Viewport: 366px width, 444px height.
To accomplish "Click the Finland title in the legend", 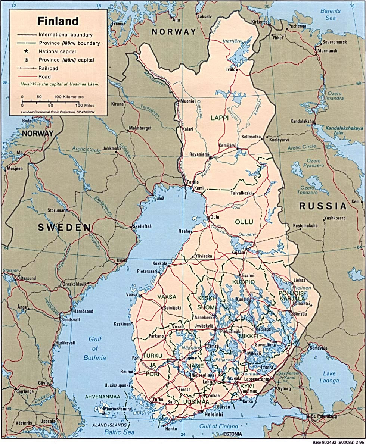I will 58,21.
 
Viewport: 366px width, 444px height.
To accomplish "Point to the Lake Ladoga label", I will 329,377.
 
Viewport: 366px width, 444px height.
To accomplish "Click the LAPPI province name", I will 220,118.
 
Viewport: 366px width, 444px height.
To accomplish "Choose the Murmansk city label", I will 328,50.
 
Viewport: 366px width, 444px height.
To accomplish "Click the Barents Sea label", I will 330,14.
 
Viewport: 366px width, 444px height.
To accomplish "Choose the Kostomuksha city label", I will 305,226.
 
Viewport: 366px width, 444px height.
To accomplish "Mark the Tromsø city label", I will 119,24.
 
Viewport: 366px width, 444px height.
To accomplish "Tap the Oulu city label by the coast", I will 214,216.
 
